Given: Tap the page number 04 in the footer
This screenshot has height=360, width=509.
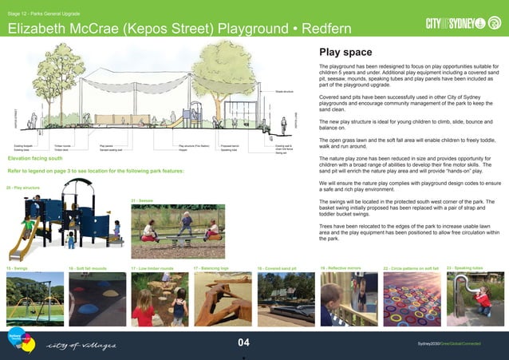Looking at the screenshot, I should [x=244, y=342].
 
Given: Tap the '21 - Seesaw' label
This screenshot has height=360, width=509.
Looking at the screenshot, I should [x=142, y=200].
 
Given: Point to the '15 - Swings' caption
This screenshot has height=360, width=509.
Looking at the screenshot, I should [x=17, y=268].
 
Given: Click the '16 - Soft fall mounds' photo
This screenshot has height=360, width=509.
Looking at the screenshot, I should [x=96, y=299].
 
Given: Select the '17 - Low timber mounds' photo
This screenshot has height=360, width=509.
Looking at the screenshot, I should [x=158, y=299].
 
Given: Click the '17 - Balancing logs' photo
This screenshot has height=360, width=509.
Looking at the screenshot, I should [x=221, y=299].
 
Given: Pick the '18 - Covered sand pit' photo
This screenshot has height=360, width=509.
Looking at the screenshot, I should [x=284, y=299].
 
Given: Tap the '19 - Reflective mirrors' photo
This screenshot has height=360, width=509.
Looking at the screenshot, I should [x=346, y=299].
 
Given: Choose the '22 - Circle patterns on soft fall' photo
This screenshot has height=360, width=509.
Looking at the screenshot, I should [x=409, y=299].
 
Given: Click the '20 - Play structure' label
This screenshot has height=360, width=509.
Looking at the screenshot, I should [x=23, y=188].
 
